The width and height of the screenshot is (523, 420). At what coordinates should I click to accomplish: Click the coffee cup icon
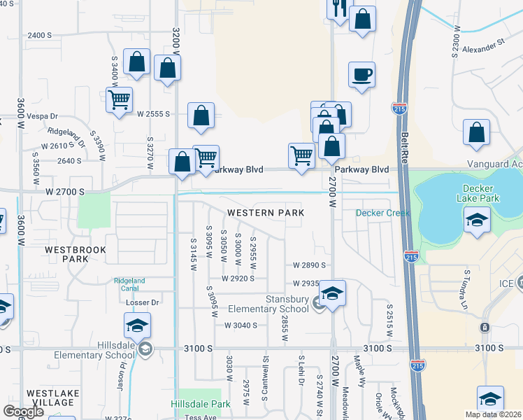click(x=361, y=75)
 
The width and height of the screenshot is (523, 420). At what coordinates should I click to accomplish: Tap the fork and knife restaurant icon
click(x=339, y=9)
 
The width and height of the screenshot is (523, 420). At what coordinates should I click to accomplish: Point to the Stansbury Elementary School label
click(x=278, y=304)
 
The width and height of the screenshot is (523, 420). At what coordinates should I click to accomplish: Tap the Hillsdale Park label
click(x=201, y=405)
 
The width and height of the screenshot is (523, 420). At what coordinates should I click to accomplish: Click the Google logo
click(x=24, y=411)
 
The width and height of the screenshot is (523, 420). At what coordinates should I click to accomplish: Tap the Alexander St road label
click(x=482, y=45)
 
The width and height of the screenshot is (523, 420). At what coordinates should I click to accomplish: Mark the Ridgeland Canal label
click(x=129, y=285)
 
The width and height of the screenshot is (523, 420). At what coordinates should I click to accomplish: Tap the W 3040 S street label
click(x=241, y=325)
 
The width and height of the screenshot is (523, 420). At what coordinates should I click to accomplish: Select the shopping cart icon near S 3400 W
click(x=120, y=99)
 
